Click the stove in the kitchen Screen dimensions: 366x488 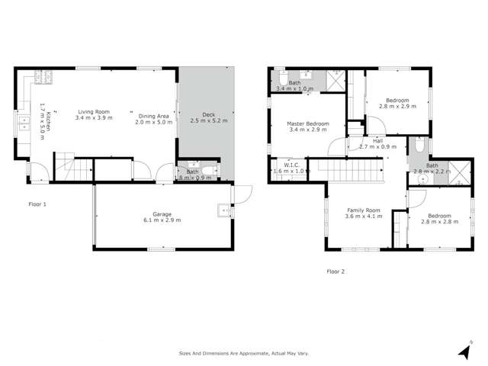point(46,77)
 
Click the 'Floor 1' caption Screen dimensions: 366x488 point(37,204)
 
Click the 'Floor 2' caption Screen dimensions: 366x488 point(335,271)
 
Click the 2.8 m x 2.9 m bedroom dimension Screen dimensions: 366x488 point(397,106)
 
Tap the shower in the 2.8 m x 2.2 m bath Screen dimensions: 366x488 point(458,173)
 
